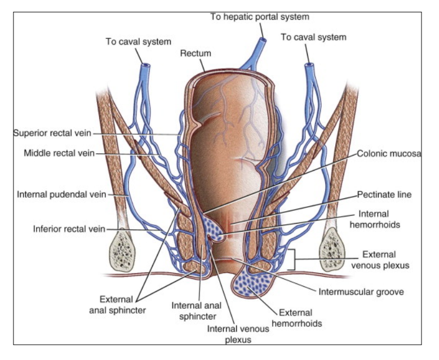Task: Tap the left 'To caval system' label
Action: (138, 41)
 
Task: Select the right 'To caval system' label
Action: (313, 37)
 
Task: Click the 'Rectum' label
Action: (196, 54)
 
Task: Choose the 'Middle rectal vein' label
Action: (59, 153)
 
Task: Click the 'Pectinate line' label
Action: (387, 194)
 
